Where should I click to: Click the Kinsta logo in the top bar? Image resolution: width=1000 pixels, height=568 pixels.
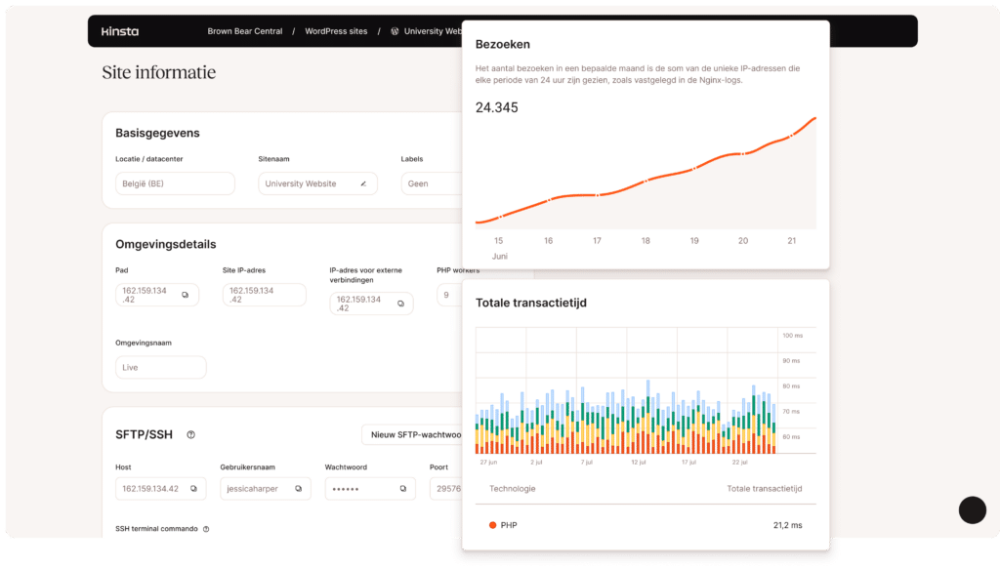120,31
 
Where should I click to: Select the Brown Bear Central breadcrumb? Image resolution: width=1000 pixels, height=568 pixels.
244,31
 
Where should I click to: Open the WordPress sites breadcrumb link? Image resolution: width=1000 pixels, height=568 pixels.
336,31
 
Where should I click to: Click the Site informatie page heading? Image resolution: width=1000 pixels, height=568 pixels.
158,72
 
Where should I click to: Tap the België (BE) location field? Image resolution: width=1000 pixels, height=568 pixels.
175,183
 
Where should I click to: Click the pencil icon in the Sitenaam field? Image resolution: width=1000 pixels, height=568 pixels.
363,183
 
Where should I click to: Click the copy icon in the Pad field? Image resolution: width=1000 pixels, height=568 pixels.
186,295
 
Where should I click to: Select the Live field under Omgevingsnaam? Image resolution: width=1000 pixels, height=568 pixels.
160,367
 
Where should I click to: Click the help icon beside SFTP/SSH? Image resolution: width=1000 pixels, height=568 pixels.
191,434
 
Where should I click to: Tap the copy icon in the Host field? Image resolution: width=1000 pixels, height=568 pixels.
193,488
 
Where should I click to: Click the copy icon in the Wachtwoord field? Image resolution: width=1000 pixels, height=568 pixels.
402,488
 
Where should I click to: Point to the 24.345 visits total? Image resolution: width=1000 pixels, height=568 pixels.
496,107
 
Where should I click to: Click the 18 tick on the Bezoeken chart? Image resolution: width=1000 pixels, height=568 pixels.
646,240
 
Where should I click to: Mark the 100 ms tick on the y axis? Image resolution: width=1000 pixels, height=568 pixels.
791,336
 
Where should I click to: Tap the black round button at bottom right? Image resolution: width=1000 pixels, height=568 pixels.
972,509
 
